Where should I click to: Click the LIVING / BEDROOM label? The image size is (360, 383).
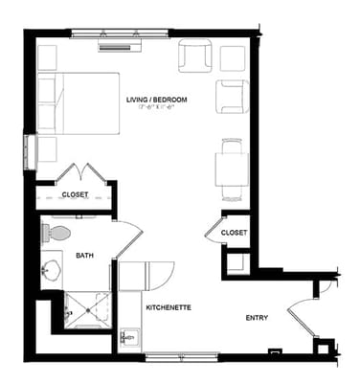pyautogui.click(x=156, y=100)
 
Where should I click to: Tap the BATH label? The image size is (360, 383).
pyautogui.click(x=84, y=255)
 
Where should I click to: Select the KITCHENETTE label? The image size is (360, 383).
pyautogui.click(x=169, y=307)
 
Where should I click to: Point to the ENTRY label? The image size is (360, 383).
pyautogui.click(x=257, y=318)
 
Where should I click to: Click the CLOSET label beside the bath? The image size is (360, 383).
pyautogui.click(x=75, y=194)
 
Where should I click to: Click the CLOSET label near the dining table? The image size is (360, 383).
pyautogui.click(x=234, y=233)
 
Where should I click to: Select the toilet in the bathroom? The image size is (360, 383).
pyautogui.click(x=59, y=233)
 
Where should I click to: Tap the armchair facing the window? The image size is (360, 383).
pyautogui.click(x=194, y=56)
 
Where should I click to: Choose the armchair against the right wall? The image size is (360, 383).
pyautogui.click(x=232, y=97)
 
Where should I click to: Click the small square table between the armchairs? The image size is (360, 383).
pyautogui.click(x=233, y=57)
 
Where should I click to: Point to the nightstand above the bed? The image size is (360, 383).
pyautogui.click(x=48, y=56)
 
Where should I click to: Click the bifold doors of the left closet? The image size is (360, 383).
pyautogui.click(x=75, y=174)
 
